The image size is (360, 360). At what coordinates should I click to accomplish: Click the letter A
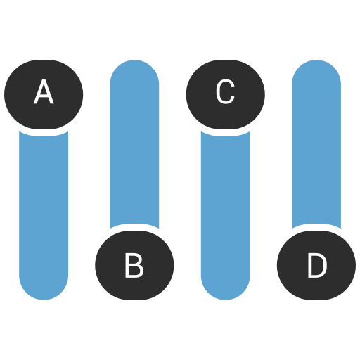click(x=44, y=92)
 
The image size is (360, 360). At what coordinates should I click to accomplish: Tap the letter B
click(x=134, y=266)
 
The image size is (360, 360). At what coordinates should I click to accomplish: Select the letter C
click(x=225, y=92)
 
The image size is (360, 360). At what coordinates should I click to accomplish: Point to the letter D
click(x=316, y=266)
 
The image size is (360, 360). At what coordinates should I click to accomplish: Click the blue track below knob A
click(x=44, y=211)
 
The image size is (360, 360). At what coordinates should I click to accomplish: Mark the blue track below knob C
click(x=225, y=211)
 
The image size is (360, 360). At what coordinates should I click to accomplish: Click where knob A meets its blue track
click(x=44, y=131)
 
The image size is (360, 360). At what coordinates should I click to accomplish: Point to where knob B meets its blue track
click(x=134, y=228)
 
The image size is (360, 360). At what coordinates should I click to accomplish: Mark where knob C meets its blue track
click(x=225, y=131)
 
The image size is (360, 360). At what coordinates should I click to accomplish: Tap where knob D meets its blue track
click(x=316, y=228)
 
